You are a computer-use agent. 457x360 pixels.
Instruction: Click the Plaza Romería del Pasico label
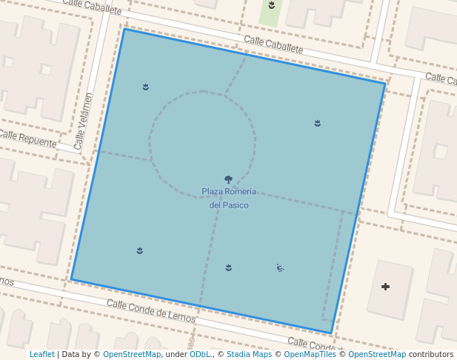coord(229,198)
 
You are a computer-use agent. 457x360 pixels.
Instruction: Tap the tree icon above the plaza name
coord(228,179)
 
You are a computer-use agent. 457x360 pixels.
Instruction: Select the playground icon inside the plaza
coord(280,267)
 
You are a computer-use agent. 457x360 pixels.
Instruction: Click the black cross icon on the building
coord(385,287)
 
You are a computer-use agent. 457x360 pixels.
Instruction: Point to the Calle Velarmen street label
coord(84,121)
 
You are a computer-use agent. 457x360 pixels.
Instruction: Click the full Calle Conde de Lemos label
coord(150,311)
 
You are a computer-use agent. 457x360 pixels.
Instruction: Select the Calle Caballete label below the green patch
coord(273,44)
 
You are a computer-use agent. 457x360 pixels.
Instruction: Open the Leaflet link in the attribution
coord(41,354)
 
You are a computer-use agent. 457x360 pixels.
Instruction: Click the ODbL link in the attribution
coord(200,354)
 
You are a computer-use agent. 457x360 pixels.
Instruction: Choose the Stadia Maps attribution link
coord(249,354)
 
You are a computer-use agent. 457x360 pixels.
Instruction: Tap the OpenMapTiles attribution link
coord(310,354)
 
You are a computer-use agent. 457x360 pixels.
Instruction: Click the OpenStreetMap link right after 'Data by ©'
coord(132,354)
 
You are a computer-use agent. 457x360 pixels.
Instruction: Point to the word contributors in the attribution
coord(431,354)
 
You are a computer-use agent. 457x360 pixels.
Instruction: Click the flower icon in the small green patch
coord(272,5)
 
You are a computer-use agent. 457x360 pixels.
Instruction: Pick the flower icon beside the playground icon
coord(229,267)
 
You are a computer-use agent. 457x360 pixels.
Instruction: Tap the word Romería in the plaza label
coord(241,192)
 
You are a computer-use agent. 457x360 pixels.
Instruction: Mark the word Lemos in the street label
coord(181,317)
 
